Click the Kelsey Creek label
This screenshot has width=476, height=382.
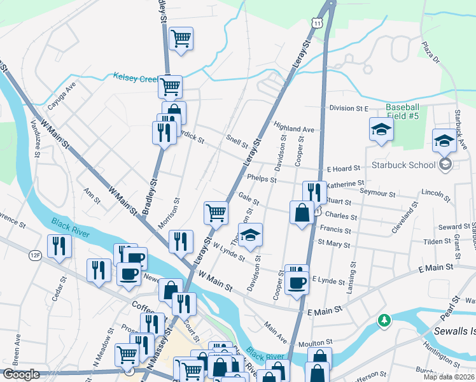pos(135,78)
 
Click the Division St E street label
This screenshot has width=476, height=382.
pos(349,108)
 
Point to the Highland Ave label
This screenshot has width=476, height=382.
pos(294,128)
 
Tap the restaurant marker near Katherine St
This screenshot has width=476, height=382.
pos(314,191)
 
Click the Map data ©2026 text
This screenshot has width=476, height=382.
pos(449,377)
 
